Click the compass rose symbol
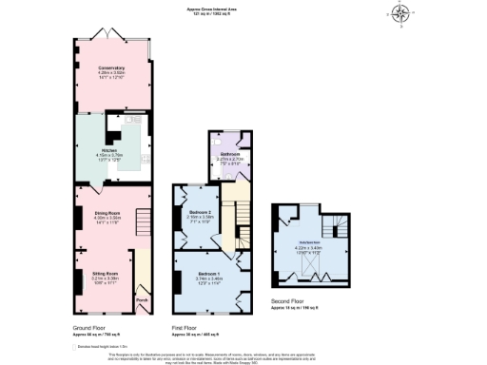(x=402, y=13)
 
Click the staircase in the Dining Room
(x=142, y=224)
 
